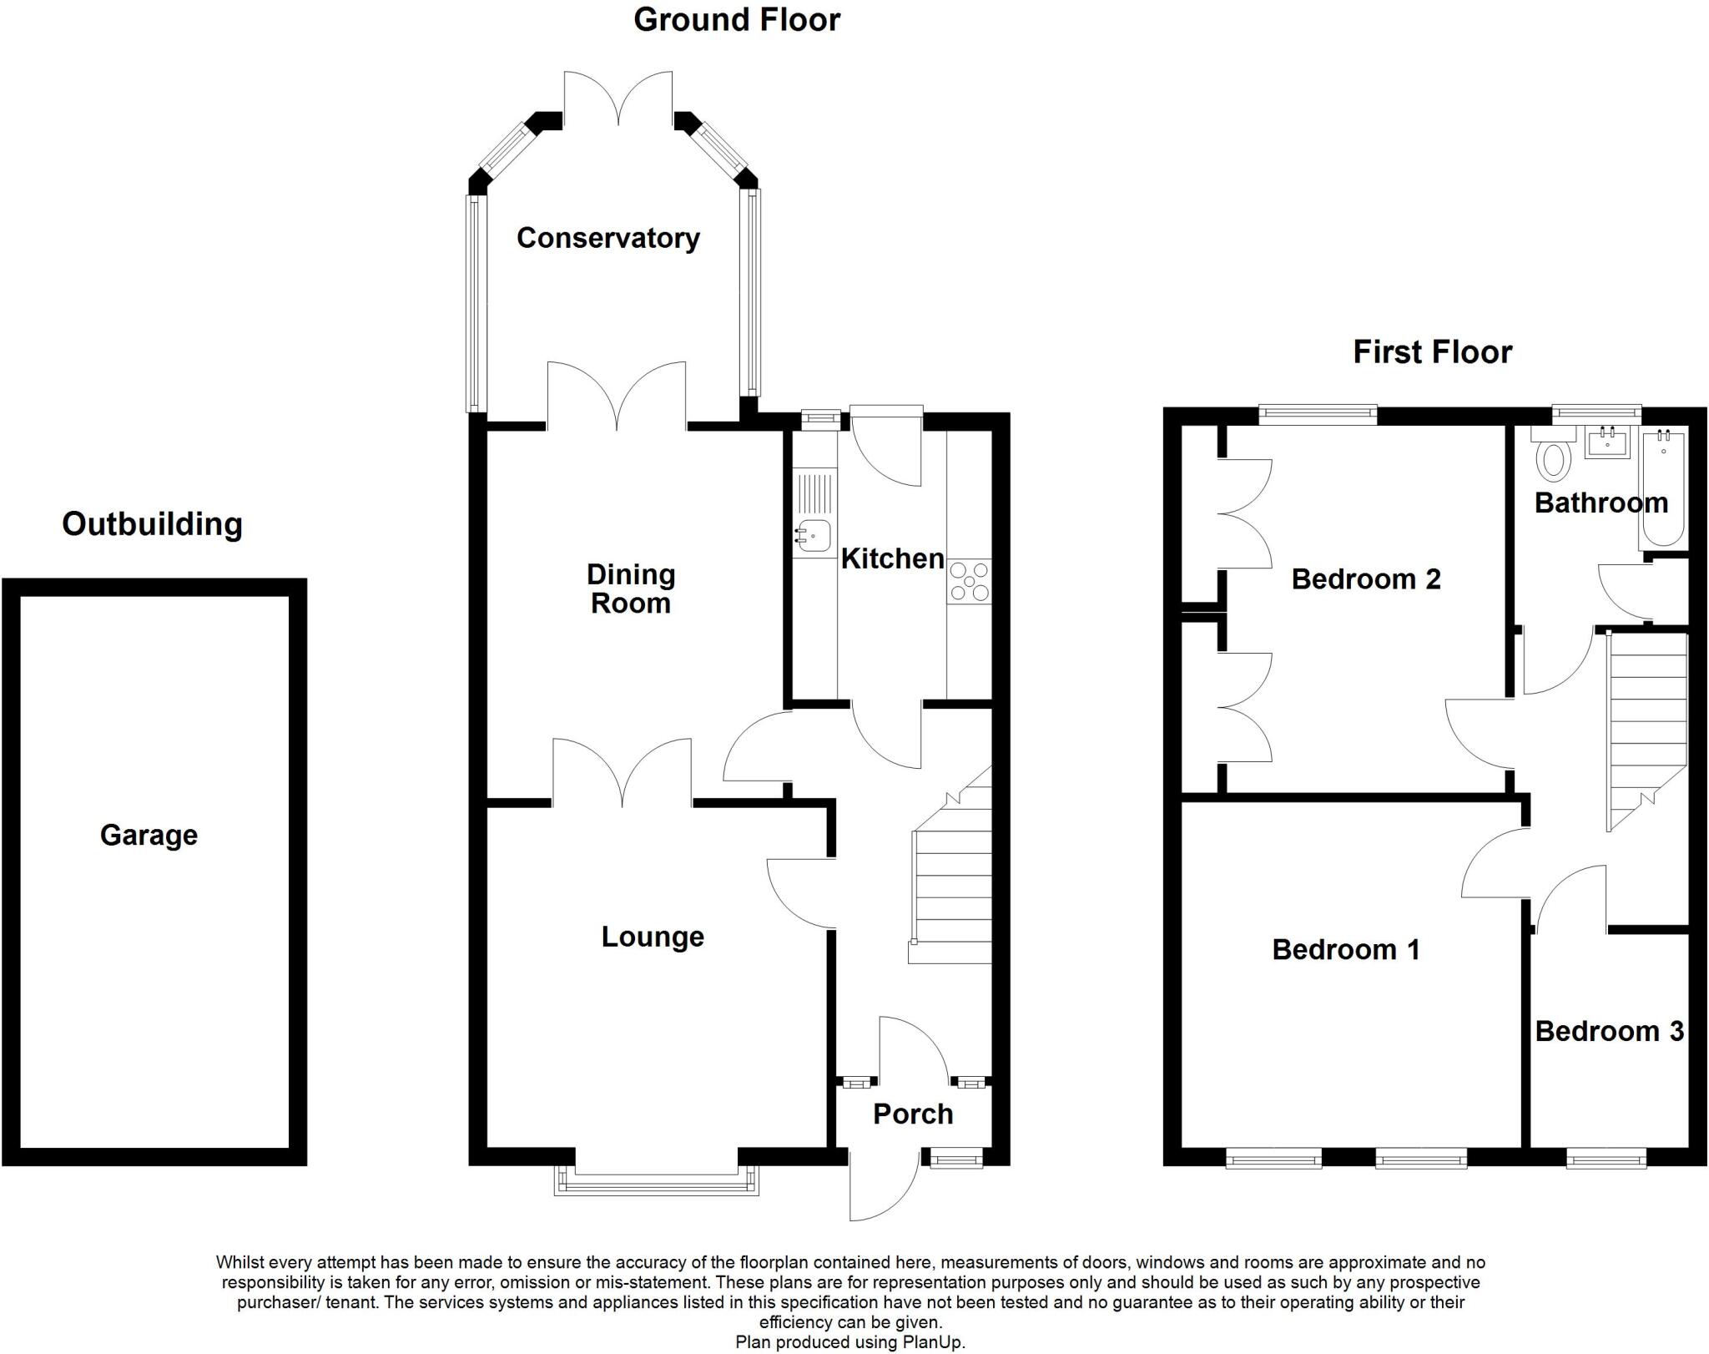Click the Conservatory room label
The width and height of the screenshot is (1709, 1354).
pos(607,239)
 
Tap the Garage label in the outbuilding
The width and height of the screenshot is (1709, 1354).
pos(149,835)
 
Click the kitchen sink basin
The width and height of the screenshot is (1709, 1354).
pos(813,535)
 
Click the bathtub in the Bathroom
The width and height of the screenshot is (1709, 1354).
pos(1663,488)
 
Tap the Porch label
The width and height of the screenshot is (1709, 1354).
pos(912,1114)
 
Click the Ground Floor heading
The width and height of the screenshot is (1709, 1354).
pos(736,20)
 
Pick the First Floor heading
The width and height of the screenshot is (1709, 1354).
pos(1432,352)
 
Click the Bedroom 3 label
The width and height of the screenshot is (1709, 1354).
pos(1609,1031)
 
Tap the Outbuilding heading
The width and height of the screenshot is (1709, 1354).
pos(152,524)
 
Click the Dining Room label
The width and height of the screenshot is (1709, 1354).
pos(631,589)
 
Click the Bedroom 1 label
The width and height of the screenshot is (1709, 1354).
pos(1345,950)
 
